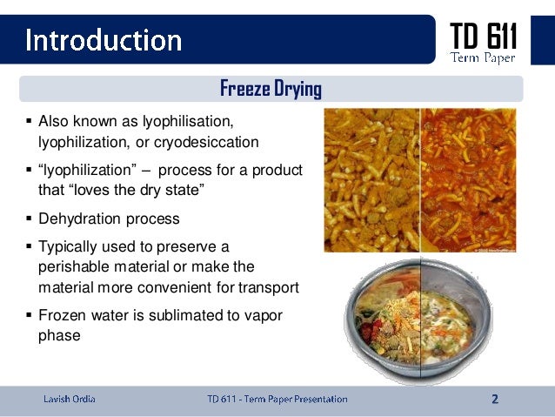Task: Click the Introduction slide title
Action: pos(103,39)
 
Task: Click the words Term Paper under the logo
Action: pos(483,58)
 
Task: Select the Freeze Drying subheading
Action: pos(271,89)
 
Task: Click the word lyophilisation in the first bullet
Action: pos(185,120)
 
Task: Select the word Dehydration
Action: pos(78,219)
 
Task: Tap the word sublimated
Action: pos(191,315)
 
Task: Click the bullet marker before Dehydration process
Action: pos(29,219)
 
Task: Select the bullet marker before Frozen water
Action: pos(29,315)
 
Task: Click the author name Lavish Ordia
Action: pos(70,400)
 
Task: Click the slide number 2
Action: pos(495,400)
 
